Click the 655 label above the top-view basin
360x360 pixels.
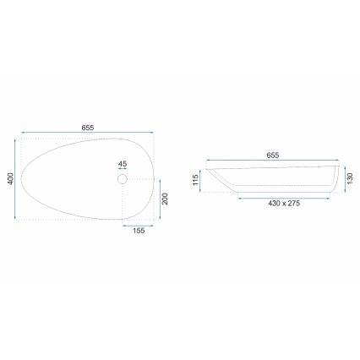click(x=88, y=127)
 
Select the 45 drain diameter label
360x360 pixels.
click(x=122, y=163)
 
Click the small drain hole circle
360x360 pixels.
click(x=122, y=179)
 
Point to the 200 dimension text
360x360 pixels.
click(x=166, y=199)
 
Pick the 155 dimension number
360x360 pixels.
click(x=139, y=232)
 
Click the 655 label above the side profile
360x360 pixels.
click(x=273, y=155)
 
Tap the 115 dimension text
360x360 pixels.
click(x=195, y=180)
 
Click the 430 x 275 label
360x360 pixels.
click(x=284, y=204)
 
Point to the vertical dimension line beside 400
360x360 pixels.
click(x=18, y=178)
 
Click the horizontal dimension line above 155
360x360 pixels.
click(x=139, y=226)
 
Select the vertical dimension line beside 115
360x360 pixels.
click(x=203, y=180)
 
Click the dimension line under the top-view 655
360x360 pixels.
click(x=88, y=133)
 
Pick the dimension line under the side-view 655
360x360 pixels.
click(x=273, y=161)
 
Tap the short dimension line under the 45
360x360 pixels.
click(x=122, y=169)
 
